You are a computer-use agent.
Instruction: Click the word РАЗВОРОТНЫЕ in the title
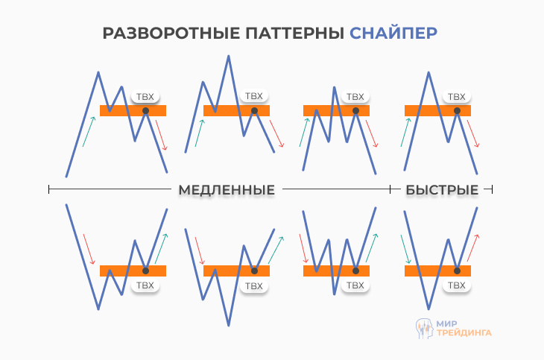(153, 34)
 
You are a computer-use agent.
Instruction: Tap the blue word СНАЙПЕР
(393, 34)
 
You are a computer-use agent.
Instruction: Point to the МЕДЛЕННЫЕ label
(227, 190)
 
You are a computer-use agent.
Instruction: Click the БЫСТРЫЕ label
(442, 190)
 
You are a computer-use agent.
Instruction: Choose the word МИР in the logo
(448, 323)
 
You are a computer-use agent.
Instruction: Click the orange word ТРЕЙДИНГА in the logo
(464, 334)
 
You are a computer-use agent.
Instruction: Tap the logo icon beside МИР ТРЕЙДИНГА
(424, 328)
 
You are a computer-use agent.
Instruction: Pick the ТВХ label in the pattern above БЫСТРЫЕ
(455, 97)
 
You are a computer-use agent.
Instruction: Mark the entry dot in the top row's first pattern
(146, 110)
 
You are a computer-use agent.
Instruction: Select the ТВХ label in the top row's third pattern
(355, 97)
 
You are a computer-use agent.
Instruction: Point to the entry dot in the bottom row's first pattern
(146, 271)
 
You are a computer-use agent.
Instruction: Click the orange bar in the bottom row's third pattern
(328, 271)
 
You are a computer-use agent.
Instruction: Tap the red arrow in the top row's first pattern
(162, 135)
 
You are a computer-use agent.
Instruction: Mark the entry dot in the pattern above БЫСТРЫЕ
(458, 110)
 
